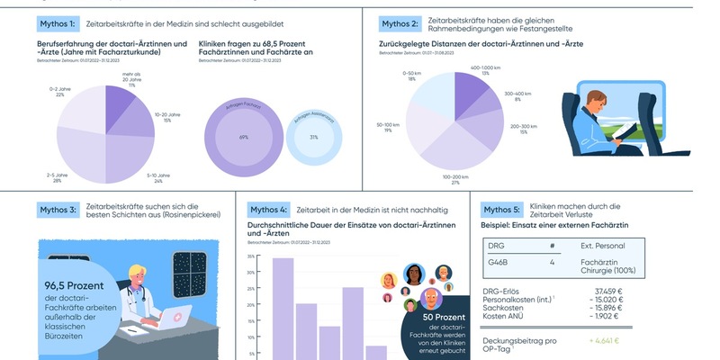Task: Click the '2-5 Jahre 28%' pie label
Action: (x=58, y=177)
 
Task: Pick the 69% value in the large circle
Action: (x=243, y=137)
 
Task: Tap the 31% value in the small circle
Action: (x=313, y=137)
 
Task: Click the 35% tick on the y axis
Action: (x=249, y=256)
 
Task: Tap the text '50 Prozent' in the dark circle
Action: (x=438, y=318)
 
